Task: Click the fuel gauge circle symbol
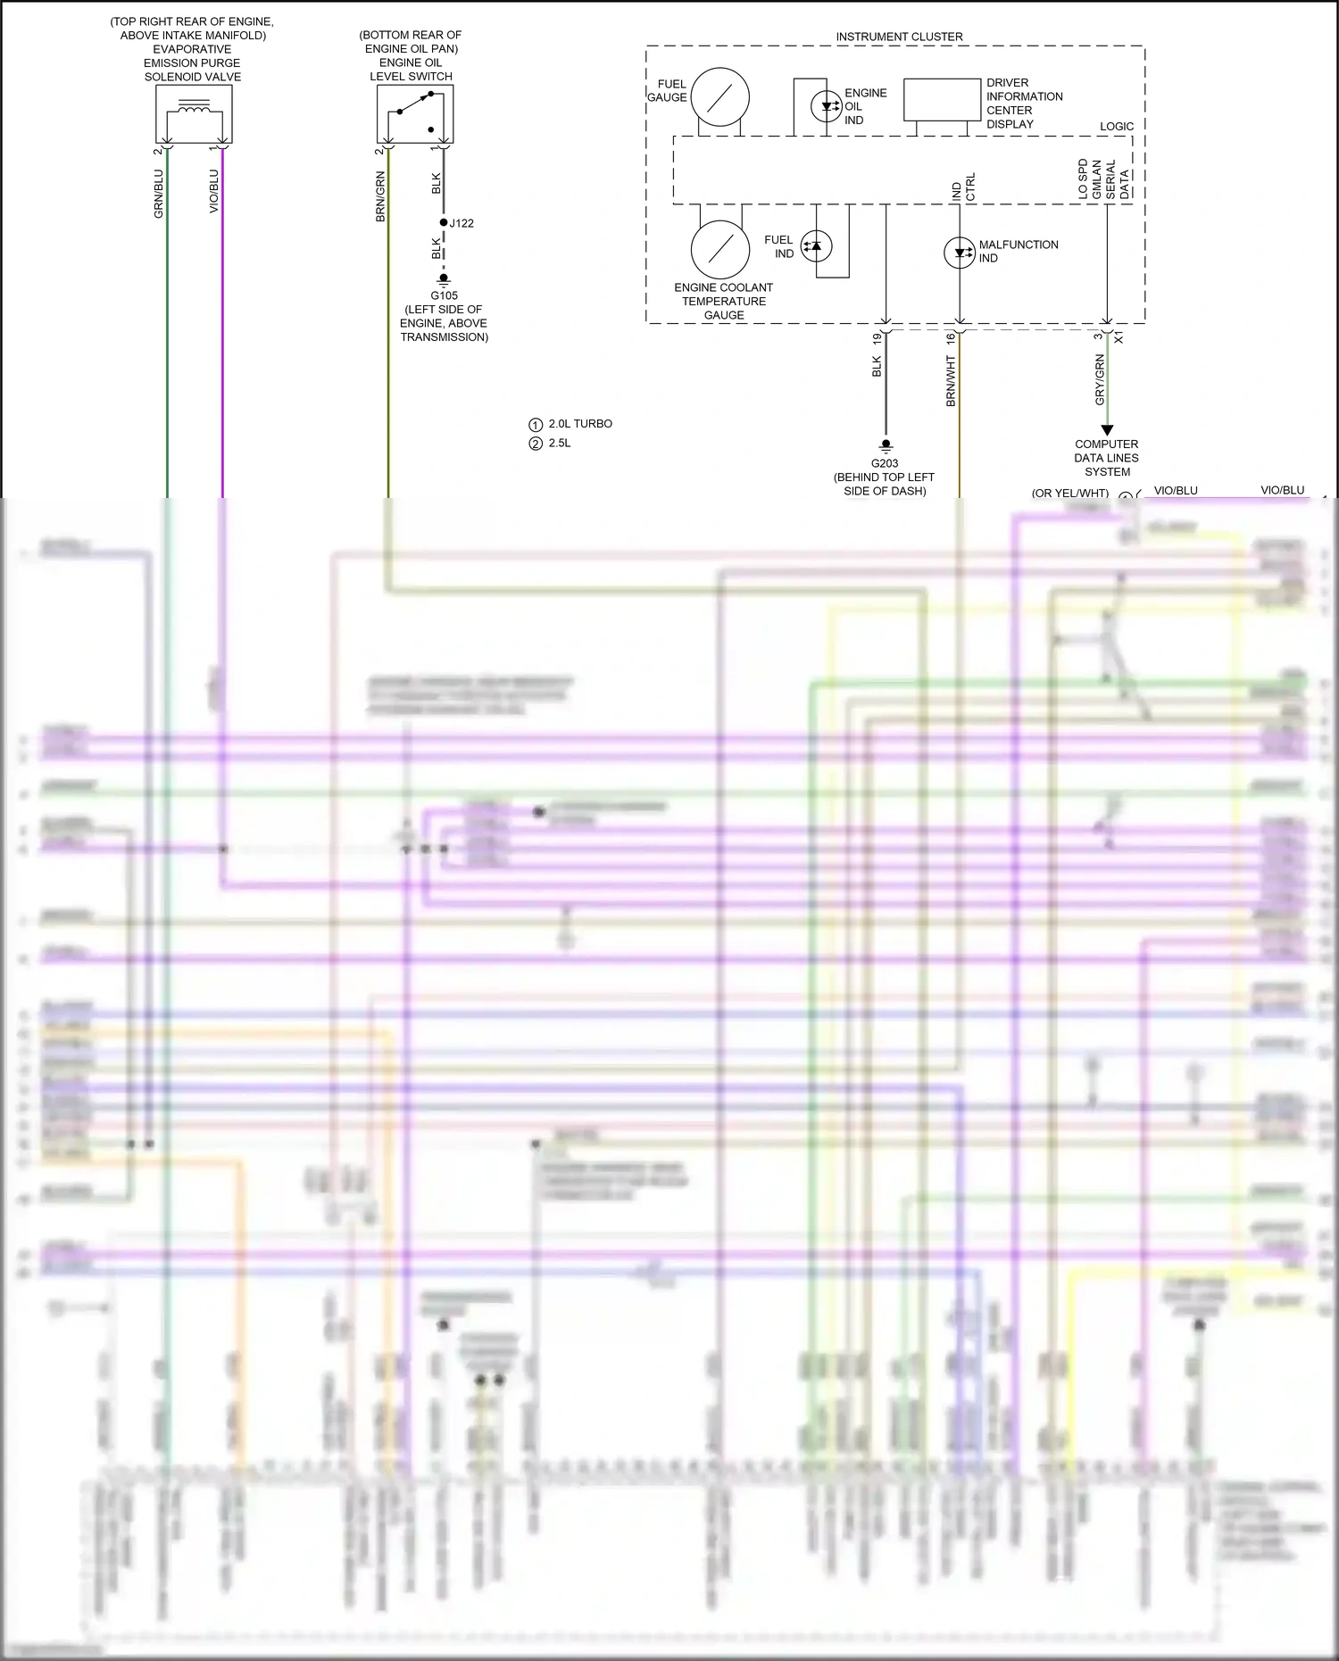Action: pos(719,96)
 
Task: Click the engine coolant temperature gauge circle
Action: pos(719,250)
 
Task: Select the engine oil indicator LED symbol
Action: pos(827,106)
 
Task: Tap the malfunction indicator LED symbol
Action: pos(960,252)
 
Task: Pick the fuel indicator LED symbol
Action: pos(816,245)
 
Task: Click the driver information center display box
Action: pos(942,99)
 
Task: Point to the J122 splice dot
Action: pos(444,222)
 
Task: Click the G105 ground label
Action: pos(444,295)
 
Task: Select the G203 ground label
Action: pos(885,463)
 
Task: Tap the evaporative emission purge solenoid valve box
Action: pos(194,115)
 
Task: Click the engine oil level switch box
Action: pos(415,113)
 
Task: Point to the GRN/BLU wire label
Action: pos(159,194)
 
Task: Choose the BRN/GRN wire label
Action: pos(380,196)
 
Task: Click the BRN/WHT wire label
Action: pos(951,381)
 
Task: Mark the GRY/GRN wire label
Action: pos(1100,379)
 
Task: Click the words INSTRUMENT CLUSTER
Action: pos(899,37)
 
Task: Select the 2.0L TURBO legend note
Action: pos(580,424)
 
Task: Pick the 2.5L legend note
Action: pos(560,444)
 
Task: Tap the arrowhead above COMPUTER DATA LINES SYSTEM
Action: pos(1107,430)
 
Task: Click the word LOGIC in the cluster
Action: pos(1117,127)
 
